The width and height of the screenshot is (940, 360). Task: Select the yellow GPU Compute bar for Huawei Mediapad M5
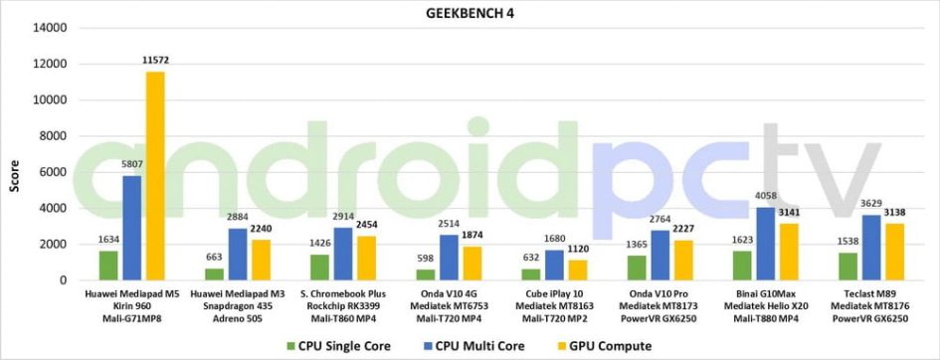(x=154, y=176)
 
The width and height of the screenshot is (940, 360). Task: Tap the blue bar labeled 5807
(x=131, y=228)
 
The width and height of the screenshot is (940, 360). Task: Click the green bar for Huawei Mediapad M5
(x=108, y=266)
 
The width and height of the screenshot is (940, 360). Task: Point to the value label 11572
(x=155, y=61)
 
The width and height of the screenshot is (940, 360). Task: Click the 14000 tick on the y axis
(x=50, y=28)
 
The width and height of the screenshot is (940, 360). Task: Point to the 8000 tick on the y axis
(x=53, y=136)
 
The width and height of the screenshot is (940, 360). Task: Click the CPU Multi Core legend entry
(x=472, y=346)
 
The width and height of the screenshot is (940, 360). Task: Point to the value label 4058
(x=765, y=196)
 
